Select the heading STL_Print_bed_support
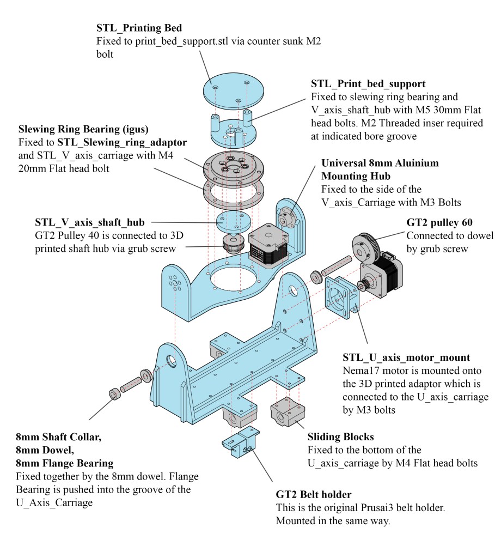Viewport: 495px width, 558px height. [x=368, y=84]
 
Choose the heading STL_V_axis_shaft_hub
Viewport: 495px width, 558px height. [x=89, y=222]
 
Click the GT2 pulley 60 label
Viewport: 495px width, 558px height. [x=439, y=223]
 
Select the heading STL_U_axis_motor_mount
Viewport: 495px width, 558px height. [x=406, y=357]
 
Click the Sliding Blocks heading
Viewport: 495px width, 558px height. [x=341, y=436]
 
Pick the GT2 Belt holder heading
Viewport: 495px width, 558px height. [x=313, y=495]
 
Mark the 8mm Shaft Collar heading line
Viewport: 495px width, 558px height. [x=58, y=437]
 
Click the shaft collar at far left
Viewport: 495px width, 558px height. [x=115, y=393]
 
